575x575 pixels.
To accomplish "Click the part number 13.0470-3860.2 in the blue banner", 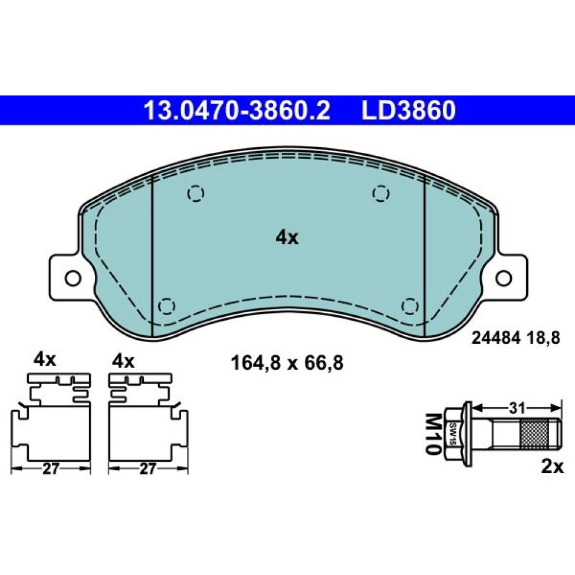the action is [237, 110].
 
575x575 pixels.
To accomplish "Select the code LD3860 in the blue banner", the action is [408, 110].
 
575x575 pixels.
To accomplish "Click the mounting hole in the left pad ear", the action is [72, 278].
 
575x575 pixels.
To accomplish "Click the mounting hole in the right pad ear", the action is [503, 278].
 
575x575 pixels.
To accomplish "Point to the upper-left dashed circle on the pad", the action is [195, 193].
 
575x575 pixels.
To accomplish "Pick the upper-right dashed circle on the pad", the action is [381, 193].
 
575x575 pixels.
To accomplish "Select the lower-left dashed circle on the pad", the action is [166, 306].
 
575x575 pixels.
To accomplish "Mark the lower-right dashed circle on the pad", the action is [410, 306].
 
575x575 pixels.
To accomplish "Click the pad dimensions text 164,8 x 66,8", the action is [287, 363].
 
